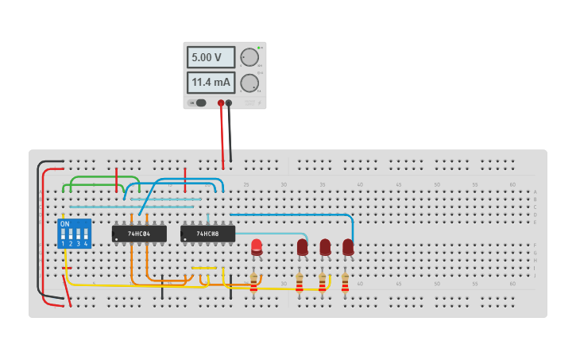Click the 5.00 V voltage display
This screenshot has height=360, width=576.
[x=211, y=57]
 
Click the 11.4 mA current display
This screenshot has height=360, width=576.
[x=211, y=82]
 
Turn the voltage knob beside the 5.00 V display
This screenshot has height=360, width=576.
[x=249, y=57]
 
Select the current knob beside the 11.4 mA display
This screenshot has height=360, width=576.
[x=249, y=83]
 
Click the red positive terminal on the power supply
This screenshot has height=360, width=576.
[x=221, y=103]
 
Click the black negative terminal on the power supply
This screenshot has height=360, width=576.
[x=229, y=103]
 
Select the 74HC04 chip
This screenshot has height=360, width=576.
[x=139, y=234]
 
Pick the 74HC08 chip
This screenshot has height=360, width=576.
[x=207, y=234]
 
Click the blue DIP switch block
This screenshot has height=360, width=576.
[x=74, y=234]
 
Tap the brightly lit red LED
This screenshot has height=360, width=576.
[x=257, y=246]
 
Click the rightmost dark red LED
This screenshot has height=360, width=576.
[x=348, y=247]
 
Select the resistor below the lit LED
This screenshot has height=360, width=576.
[x=254, y=282]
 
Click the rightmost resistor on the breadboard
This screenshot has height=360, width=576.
[x=345, y=282]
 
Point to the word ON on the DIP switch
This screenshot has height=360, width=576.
[x=65, y=225]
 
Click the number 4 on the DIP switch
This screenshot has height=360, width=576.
[x=86, y=243]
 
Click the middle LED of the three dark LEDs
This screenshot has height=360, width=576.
[x=325, y=247]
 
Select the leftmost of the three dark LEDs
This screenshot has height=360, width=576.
[x=303, y=247]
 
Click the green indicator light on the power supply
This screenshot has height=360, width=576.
[x=259, y=48]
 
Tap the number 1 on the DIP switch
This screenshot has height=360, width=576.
[x=63, y=243]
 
